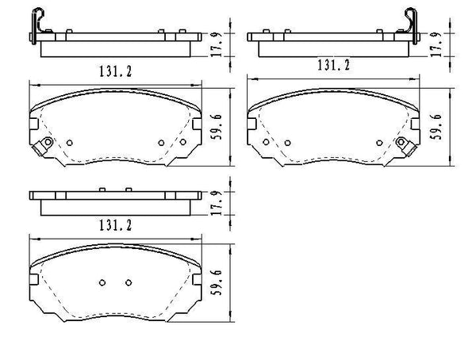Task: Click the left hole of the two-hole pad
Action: (102, 284)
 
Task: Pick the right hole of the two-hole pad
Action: (126, 284)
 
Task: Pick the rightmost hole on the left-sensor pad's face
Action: (182, 143)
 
